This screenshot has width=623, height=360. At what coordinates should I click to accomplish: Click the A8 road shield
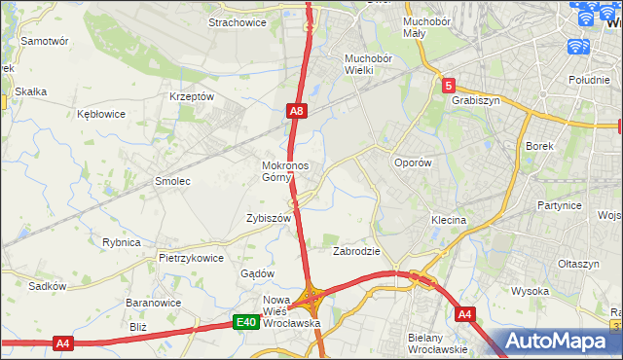coord(298,113)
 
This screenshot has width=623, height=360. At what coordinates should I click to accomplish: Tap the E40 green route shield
coord(246,322)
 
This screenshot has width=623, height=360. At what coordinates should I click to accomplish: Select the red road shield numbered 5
coord(447,86)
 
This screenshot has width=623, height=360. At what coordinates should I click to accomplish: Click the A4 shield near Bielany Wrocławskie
coord(465,313)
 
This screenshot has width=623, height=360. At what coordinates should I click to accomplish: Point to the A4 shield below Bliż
coord(63,342)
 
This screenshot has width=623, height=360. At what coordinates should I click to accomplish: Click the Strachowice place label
coord(238,22)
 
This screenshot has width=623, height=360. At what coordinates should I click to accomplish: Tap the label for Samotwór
coord(45,42)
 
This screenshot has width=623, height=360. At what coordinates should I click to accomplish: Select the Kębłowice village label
coord(101,114)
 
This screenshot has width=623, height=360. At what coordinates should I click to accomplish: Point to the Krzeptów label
coord(191,96)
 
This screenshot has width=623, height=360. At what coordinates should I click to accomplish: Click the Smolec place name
coord(172,181)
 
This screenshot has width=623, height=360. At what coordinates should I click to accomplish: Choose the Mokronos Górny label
coord(285,171)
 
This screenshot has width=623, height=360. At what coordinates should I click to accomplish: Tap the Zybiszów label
coord(270,219)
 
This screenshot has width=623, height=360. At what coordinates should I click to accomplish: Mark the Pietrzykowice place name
coord(191,259)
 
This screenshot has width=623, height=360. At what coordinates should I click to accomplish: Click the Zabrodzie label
coord(356,250)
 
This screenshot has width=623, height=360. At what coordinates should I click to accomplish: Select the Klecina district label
coord(449,220)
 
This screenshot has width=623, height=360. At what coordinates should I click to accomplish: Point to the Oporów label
coord(412,162)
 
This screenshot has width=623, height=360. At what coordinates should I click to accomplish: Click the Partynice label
coord(559,205)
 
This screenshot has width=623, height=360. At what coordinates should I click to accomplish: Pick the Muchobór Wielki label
coord(367,63)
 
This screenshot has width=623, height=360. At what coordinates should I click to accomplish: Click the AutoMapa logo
coord(562,342)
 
